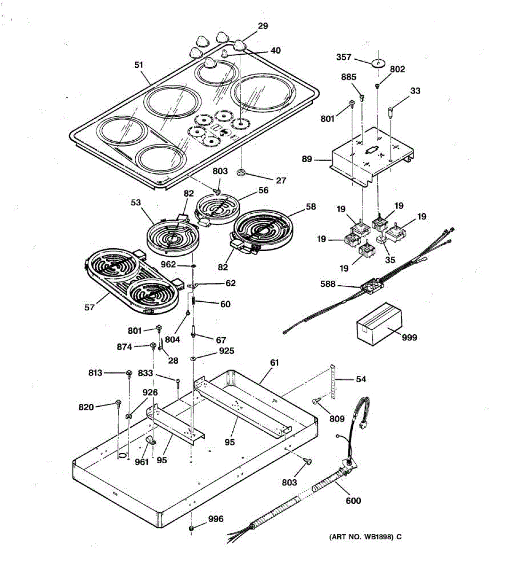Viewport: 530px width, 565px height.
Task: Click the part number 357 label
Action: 343,57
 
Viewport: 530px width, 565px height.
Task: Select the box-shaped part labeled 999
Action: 379,323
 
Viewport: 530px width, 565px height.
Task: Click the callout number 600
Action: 353,500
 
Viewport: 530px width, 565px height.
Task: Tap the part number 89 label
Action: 307,159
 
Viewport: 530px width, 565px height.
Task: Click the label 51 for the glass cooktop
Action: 139,65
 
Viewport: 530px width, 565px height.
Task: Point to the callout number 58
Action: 310,206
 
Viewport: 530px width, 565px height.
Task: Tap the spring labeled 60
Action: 193,299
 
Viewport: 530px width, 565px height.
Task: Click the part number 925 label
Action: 226,351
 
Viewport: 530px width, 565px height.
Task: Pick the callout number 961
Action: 141,461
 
